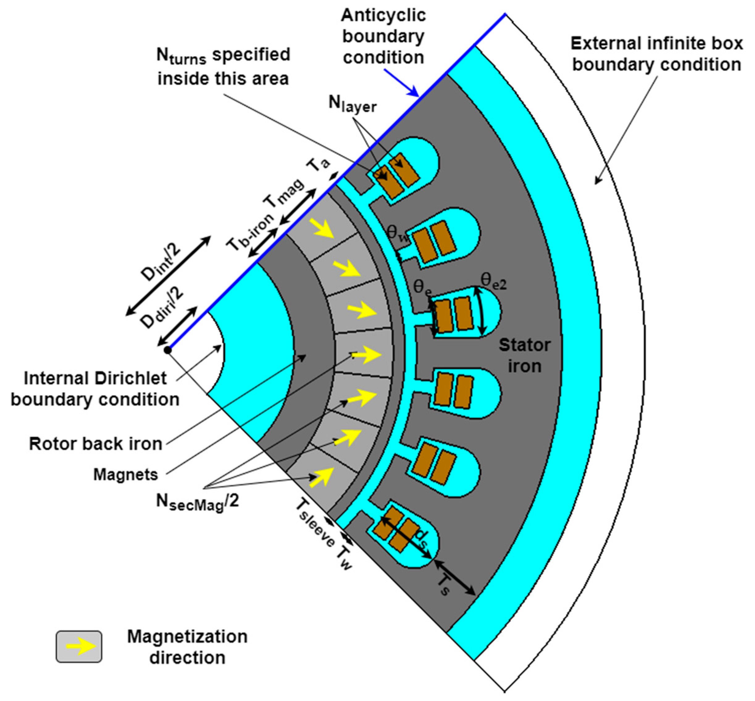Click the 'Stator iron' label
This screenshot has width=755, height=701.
pos(524,355)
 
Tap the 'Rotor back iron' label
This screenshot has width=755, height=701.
pos(96,443)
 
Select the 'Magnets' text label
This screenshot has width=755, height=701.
pos(126,475)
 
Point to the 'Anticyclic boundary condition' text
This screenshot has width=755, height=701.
pos(383,36)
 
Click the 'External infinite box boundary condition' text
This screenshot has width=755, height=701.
pos(656,54)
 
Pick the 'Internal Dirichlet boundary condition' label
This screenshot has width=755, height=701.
pos(95,389)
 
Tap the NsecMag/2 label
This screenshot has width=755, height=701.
pos(197,503)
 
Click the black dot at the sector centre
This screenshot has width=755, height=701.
pos(168,350)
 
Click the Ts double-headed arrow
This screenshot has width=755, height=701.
pos(454,578)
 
